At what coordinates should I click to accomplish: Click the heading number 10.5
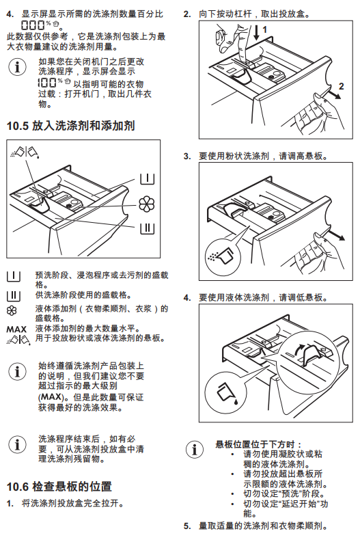(x=17, y=126)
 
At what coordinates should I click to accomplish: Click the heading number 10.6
(x=17, y=487)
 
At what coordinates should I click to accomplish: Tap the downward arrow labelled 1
(x=256, y=33)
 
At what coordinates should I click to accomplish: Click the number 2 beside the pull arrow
(x=342, y=86)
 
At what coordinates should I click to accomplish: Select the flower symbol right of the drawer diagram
(x=146, y=204)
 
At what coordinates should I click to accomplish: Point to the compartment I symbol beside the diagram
(x=147, y=178)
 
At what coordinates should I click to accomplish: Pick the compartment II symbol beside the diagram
(x=147, y=228)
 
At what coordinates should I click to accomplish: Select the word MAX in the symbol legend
(x=16, y=329)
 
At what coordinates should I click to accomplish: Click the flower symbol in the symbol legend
(x=12, y=311)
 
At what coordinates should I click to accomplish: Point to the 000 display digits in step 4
(x=33, y=25)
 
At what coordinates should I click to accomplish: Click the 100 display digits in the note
(x=48, y=82)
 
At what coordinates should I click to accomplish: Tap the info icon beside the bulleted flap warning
(x=195, y=449)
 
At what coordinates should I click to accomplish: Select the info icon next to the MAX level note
(x=17, y=372)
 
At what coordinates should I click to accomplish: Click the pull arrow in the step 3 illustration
(x=336, y=235)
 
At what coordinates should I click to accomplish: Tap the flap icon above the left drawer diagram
(x=25, y=152)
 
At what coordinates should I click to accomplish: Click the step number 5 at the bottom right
(x=187, y=526)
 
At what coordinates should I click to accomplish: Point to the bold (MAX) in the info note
(x=51, y=397)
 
